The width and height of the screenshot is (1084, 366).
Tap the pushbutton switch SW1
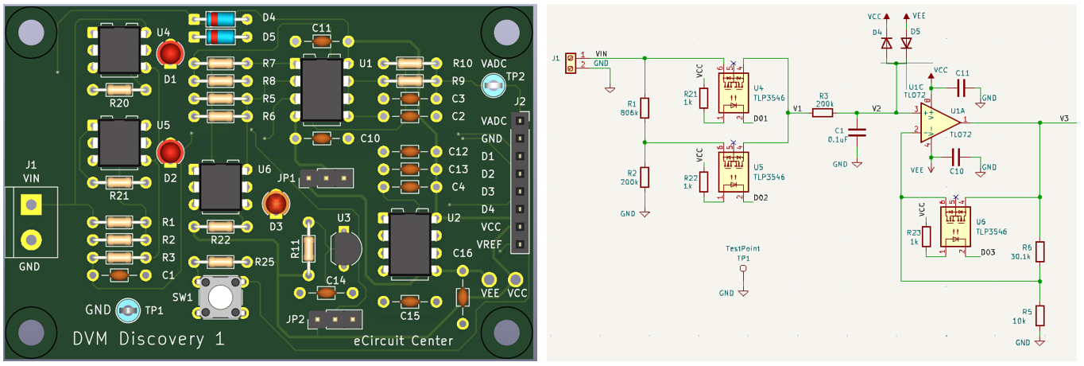click(220, 296)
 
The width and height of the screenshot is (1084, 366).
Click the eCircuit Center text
click(403, 341)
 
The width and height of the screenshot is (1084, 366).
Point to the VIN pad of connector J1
click(30, 205)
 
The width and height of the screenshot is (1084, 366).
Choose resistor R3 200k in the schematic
click(822, 113)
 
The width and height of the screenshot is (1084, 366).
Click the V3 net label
click(1064, 119)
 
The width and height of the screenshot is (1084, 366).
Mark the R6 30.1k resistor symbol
click(1039, 251)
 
